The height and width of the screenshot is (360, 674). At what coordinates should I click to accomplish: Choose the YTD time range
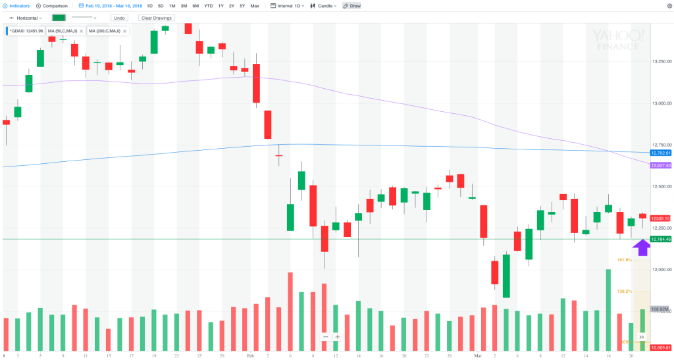click(208, 6)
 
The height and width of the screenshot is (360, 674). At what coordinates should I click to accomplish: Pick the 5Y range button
click(242, 6)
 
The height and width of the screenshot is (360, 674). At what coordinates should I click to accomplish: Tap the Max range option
click(255, 6)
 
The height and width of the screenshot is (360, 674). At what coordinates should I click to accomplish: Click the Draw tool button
click(352, 6)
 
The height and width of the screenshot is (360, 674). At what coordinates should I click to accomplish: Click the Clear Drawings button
click(155, 18)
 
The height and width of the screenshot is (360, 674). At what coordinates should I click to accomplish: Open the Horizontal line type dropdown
click(26, 18)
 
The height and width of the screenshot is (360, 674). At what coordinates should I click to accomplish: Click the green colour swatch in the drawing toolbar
click(59, 18)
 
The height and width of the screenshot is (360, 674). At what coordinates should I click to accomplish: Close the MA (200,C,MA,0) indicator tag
click(125, 31)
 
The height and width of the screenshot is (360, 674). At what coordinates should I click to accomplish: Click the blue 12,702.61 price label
click(660, 153)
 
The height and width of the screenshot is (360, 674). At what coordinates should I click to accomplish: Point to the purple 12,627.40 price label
click(660, 165)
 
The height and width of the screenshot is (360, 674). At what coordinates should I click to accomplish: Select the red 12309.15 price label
click(660, 219)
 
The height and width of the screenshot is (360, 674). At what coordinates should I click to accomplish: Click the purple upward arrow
click(641, 247)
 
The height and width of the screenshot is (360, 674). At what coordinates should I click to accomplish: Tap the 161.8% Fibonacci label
click(624, 260)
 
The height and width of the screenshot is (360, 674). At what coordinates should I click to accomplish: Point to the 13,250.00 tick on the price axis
click(661, 62)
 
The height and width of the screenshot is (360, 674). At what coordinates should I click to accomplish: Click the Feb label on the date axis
click(250, 355)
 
